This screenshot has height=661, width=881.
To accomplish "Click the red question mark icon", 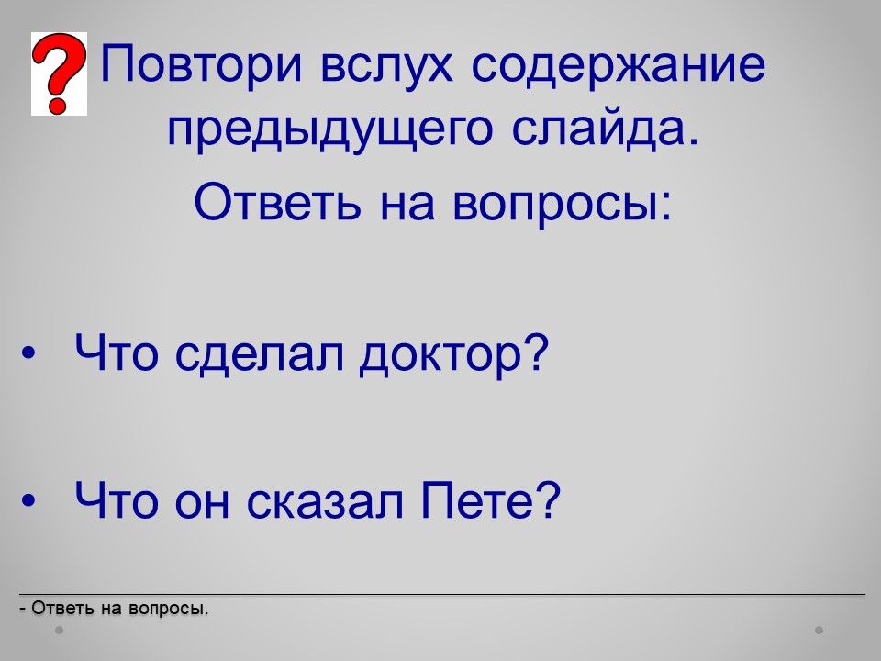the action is click(x=59, y=73).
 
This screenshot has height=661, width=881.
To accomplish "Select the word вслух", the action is click(x=386, y=64).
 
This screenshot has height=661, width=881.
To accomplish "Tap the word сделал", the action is click(x=259, y=354).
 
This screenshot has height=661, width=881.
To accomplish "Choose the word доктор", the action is click(x=440, y=355).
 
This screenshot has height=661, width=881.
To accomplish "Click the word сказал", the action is click(x=325, y=500).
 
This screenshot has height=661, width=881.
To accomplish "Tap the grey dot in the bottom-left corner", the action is click(x=59, y=631).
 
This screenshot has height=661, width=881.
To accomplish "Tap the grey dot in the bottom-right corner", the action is click(x=820, y=631).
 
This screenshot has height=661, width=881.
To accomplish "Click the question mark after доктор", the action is click(x=536, y=353).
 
